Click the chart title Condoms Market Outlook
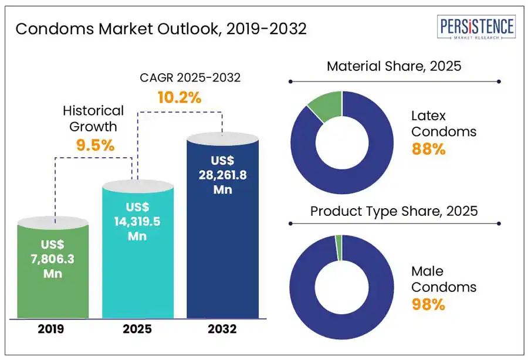[x=161, y=29]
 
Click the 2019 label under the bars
[x=53, y=329]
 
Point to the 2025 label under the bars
[x=138, y=329]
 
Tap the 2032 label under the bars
[x=222, y=329]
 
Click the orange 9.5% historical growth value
[x=95, y=145]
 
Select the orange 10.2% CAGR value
[x=179, y=97]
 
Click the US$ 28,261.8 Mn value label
[x=222, y=175]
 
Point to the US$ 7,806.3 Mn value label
[x=53, y=259]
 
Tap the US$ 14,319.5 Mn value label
[x=137, y=222]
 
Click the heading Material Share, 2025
[x=394, y=66]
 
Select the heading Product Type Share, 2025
[x=394, y=210]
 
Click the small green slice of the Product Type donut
[x=339, y=240]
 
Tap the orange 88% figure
[x=428, y=150]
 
